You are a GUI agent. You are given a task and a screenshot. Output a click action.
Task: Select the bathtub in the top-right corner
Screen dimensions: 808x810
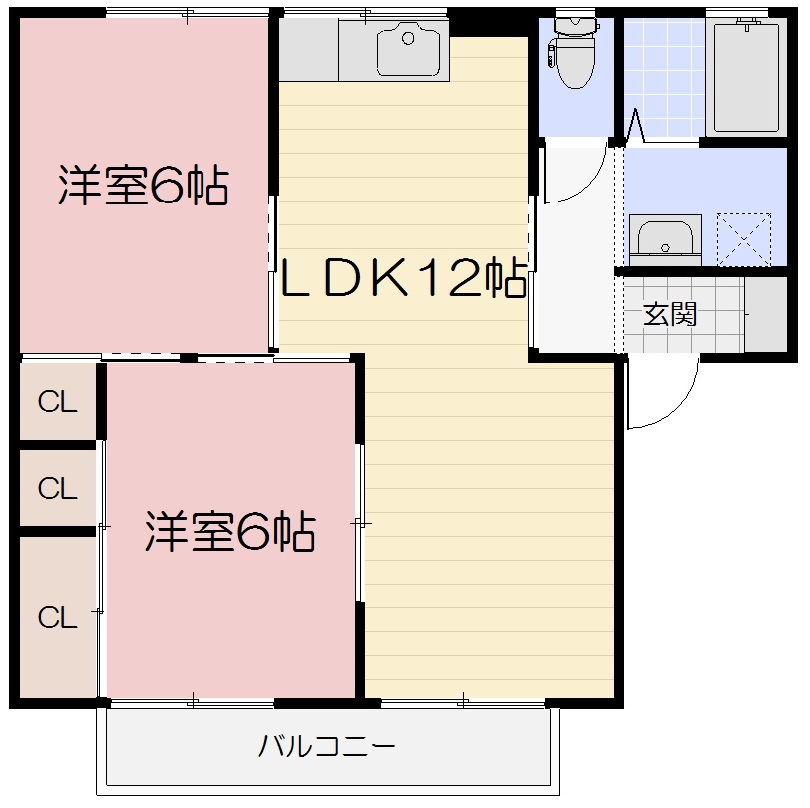[745, 76]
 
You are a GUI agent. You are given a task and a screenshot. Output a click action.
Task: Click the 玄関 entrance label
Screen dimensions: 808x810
[670, 315]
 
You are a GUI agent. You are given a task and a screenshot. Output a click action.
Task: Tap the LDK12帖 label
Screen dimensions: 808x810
[402, 280]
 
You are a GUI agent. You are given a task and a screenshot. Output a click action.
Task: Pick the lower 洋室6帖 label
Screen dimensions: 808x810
[230, 532]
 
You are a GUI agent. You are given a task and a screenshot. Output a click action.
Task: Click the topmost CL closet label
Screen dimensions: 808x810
[58, 403]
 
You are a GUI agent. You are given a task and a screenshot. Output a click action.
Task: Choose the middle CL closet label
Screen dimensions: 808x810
[58, 489]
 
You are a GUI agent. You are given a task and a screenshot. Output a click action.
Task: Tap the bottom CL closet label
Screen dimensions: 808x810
[58, 618]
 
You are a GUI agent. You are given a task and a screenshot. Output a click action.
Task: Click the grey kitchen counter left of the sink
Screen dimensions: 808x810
[308, 50]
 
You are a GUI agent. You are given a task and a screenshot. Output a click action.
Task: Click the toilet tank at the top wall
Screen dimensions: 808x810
[575, 22]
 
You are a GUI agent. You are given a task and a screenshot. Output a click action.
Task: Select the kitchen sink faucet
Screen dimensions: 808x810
[407, 38]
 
